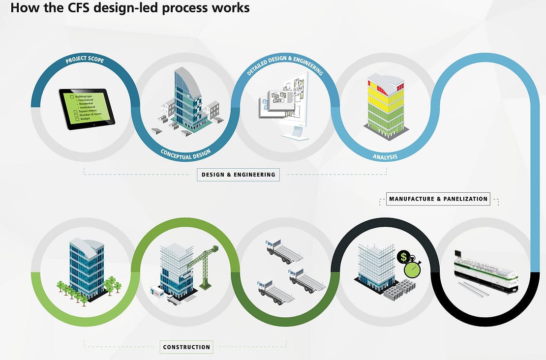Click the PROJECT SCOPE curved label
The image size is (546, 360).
pos(85,61)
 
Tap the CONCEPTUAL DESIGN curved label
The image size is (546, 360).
pos(185,153)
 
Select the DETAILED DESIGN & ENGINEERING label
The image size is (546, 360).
pos(285,64)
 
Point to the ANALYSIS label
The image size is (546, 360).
pos(385,157)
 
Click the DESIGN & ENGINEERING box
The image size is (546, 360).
pos(238,174)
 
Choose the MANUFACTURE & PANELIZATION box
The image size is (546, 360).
pos(438,199)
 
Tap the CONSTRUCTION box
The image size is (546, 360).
pos(186,347)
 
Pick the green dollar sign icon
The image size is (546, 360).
pos(404,256)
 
